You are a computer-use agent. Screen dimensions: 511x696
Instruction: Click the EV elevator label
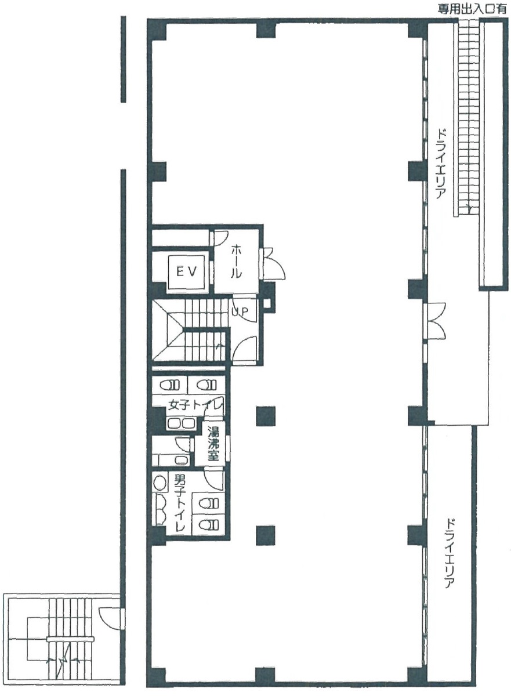[187, 271]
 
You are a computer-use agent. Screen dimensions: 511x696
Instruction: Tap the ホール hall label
[236, 261]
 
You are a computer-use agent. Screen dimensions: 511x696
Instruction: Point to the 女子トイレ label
[195, 405]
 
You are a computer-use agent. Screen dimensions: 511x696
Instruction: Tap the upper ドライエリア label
[441, 165]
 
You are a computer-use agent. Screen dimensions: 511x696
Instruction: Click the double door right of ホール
[273, 264]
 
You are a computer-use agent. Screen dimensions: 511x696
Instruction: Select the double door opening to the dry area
[436, 321]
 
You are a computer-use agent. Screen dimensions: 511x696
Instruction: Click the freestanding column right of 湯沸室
[266, 416]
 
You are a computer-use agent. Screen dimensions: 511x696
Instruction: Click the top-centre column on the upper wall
[266, 30]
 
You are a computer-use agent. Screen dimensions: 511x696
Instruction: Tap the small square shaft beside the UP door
[267, 303]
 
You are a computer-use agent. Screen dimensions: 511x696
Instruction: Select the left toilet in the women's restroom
[170, 385]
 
